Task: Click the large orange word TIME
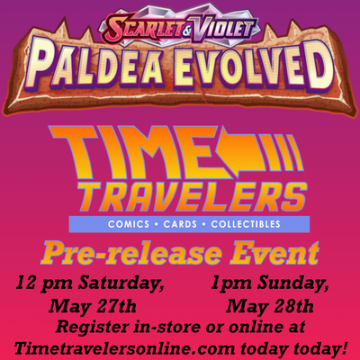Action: [x=135, y=153]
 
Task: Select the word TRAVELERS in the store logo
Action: [x=194, y=197]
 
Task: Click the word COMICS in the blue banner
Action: [x=129, y=224]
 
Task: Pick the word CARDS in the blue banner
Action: [x=180, y=224]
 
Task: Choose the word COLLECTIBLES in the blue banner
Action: [x=246, y=224]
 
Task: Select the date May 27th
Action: [x=93, y=306]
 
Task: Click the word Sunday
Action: [x=293, y=283]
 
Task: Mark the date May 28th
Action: [x=269, y=306]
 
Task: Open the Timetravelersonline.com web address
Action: [x=125, y=348]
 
